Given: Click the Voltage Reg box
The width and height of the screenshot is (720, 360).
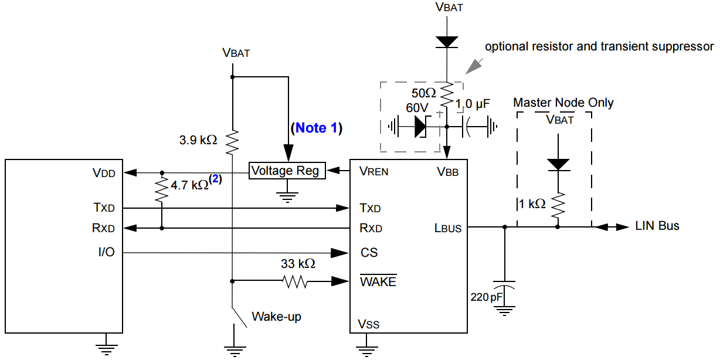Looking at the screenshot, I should tap(287, 171).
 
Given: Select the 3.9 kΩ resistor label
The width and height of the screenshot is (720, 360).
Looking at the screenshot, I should tap(198, 140).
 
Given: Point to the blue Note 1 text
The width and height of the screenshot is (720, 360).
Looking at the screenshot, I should tap(315, 128).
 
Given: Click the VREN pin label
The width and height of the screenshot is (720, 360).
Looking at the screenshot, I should tap(374, 172).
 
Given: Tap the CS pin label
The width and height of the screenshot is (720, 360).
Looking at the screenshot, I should tap(369, 253).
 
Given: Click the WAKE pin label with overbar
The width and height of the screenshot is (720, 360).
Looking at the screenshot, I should tap(378, 281).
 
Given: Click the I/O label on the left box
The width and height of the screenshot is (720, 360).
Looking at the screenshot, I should tap(106, 253).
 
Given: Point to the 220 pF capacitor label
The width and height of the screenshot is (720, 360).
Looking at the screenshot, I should tap(486, 297).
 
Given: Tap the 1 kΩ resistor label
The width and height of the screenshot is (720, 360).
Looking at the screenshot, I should tap(532, 203).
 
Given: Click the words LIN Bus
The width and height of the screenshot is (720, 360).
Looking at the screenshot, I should tap(657, 226).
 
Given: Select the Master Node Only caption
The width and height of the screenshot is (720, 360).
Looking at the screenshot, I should tap(563, 103).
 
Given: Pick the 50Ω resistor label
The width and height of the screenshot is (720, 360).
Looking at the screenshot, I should tap(423, 93).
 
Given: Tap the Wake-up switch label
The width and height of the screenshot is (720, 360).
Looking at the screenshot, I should tap(276, 317).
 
